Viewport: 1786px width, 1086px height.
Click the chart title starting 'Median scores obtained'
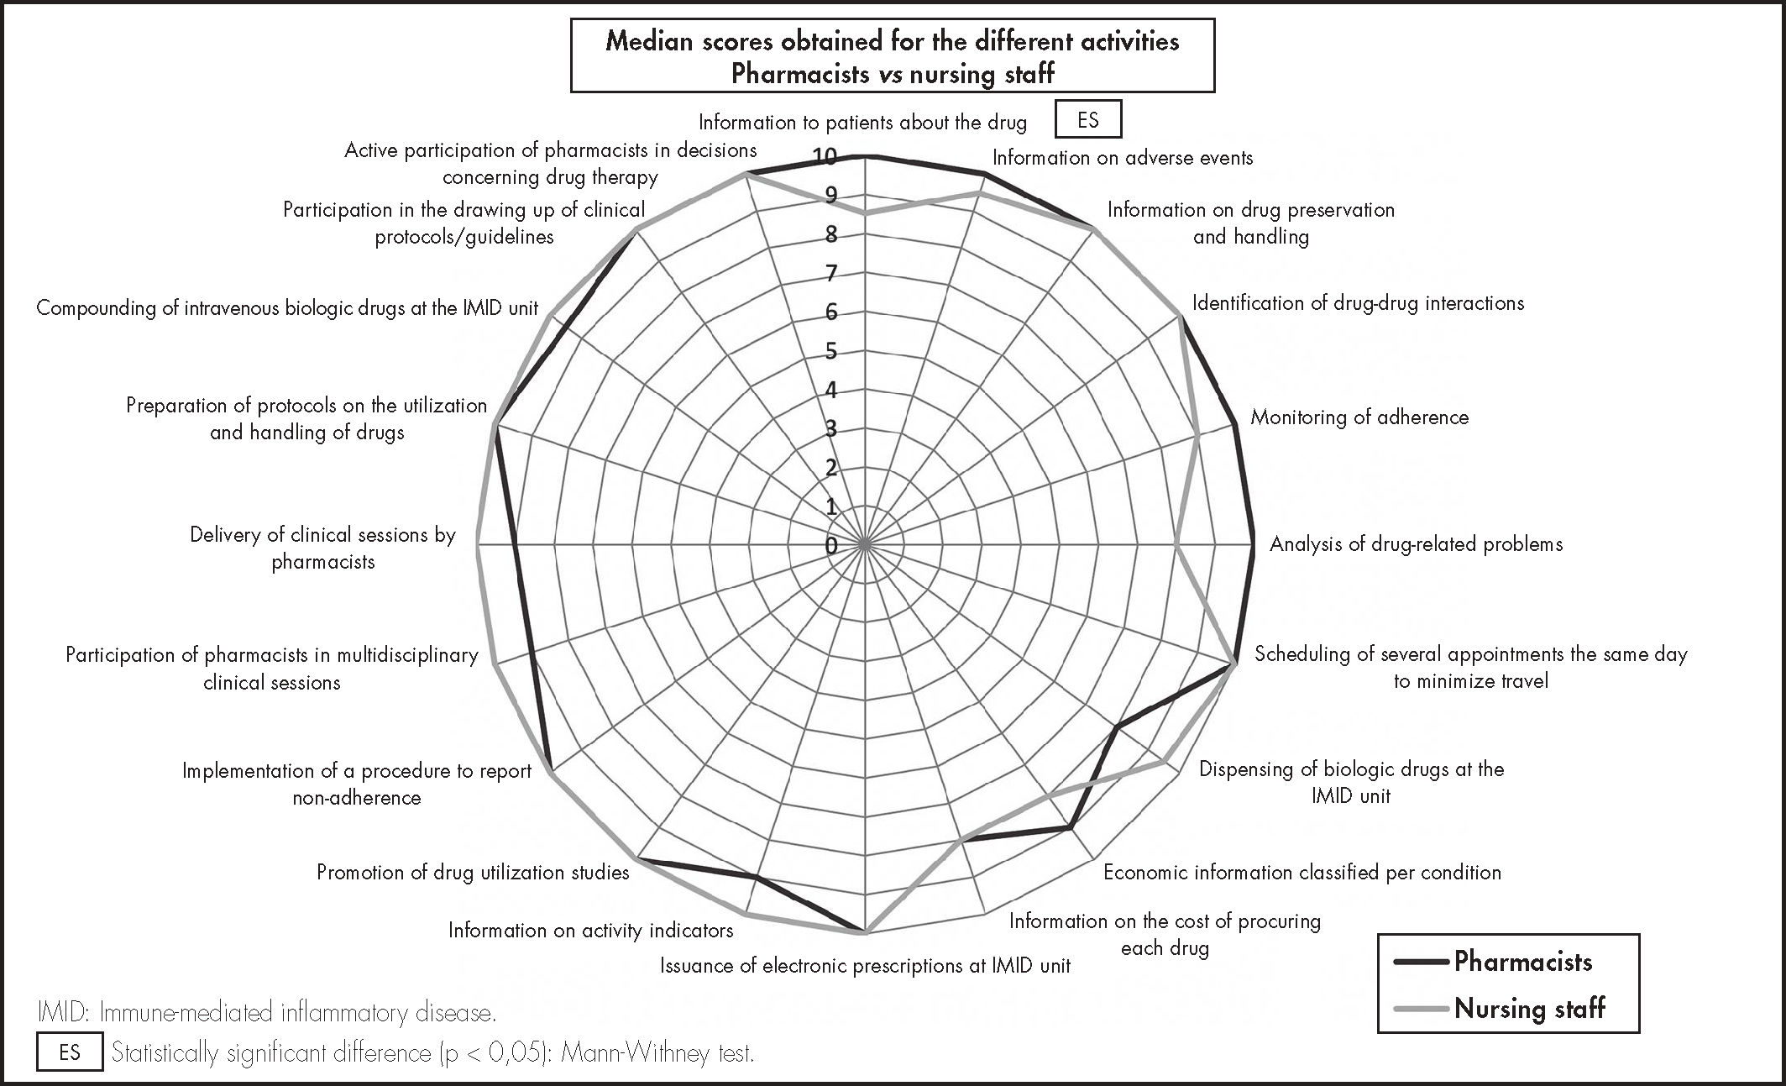tap(892, 56)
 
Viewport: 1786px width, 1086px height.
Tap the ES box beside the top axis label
tap(1087, 120)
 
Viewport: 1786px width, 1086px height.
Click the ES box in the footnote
tap(70, 1052)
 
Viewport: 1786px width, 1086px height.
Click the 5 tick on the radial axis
tap(830, 351)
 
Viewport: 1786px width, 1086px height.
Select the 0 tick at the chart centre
tap(830, 546)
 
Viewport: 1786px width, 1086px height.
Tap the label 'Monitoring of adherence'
tap(1359, 417)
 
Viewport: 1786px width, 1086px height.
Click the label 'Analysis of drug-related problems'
tap(1416, 544)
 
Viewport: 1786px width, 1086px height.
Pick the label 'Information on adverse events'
tap(1122, 158)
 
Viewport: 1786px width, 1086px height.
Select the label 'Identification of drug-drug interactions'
tap(1358, 303)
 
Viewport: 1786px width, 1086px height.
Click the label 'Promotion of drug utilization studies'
tap(473, 873)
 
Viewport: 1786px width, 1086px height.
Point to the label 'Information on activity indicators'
tap(590, 931)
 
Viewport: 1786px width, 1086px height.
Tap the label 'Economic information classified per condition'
tap(1302, 873)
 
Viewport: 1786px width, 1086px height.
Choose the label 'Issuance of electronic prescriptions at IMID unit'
tap(865, 966)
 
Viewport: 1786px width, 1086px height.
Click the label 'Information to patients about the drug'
tap(862, 123)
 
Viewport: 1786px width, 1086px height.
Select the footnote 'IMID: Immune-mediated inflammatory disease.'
tap(267, 1013)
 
